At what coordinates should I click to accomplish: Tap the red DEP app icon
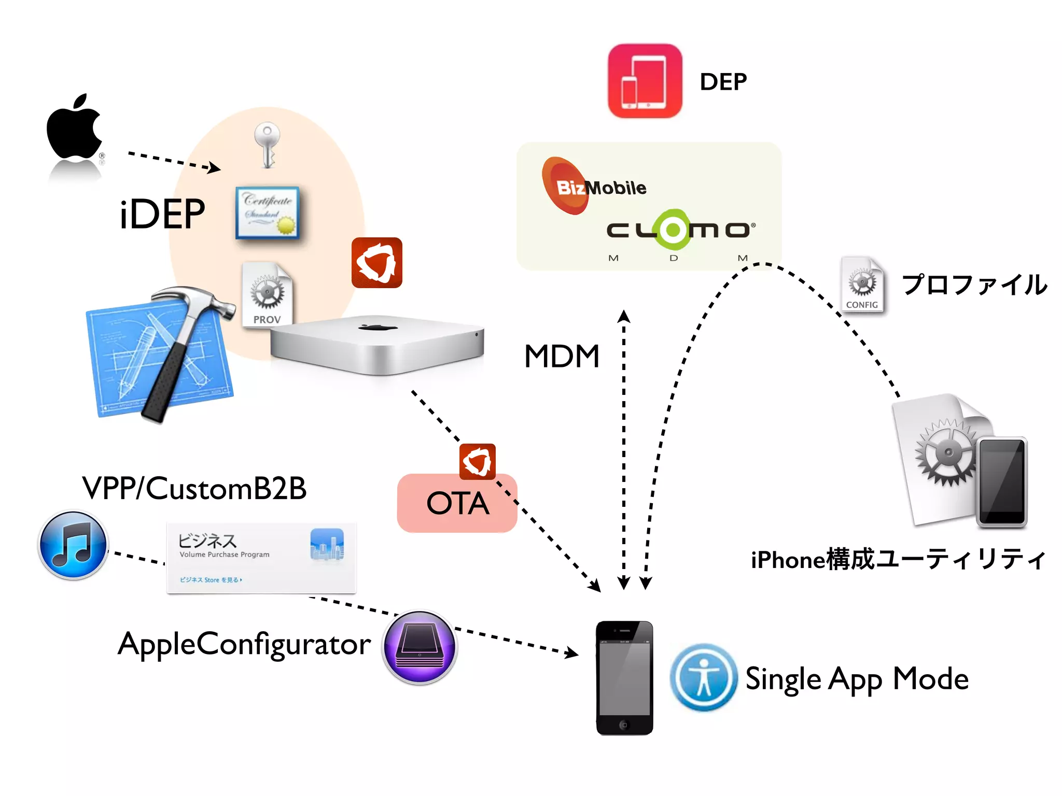coord(645,81)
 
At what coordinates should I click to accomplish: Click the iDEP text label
coord(162,214)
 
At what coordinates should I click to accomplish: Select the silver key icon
coord(267,145)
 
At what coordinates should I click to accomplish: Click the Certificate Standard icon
coord(268,212)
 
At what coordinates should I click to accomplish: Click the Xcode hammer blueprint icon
coord(161,355)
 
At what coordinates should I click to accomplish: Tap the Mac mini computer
coord(377,345)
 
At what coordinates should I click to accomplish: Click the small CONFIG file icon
coord(862,285)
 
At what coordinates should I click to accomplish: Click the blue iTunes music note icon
coord(73,545)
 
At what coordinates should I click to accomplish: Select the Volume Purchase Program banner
coord(261,558)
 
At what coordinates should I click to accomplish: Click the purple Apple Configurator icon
coord(419,647)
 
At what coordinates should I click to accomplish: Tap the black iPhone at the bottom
coord(624,677)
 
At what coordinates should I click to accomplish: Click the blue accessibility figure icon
coord(703,677)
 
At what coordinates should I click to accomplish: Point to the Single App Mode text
coord(857,679)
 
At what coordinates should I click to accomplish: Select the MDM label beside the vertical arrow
coord(562,357)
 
